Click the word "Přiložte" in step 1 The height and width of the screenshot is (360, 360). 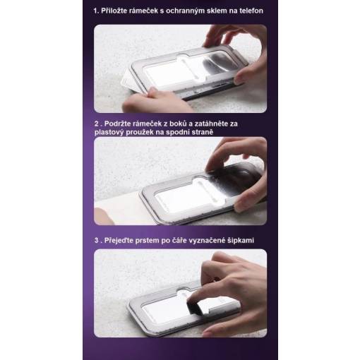[x=114, y=11]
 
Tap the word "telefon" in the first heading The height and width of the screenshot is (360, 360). [x=251, y=11]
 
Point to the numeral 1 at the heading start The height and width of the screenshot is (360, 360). [x=95, y=11]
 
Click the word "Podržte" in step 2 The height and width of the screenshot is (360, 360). [x=117, y=124]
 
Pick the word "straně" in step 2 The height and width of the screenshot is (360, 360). [x=203, y=132]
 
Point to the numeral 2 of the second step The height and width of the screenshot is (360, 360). [x=97, y=124]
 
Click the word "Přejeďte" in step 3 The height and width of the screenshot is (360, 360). [x=119, y=241]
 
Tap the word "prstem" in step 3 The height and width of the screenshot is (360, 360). [x=147, y=241]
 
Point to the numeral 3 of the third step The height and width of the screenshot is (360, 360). [x=97, y=241]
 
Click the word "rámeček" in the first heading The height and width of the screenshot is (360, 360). [x=143, y=11]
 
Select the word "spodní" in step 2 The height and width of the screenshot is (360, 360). [x=178, y=133]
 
